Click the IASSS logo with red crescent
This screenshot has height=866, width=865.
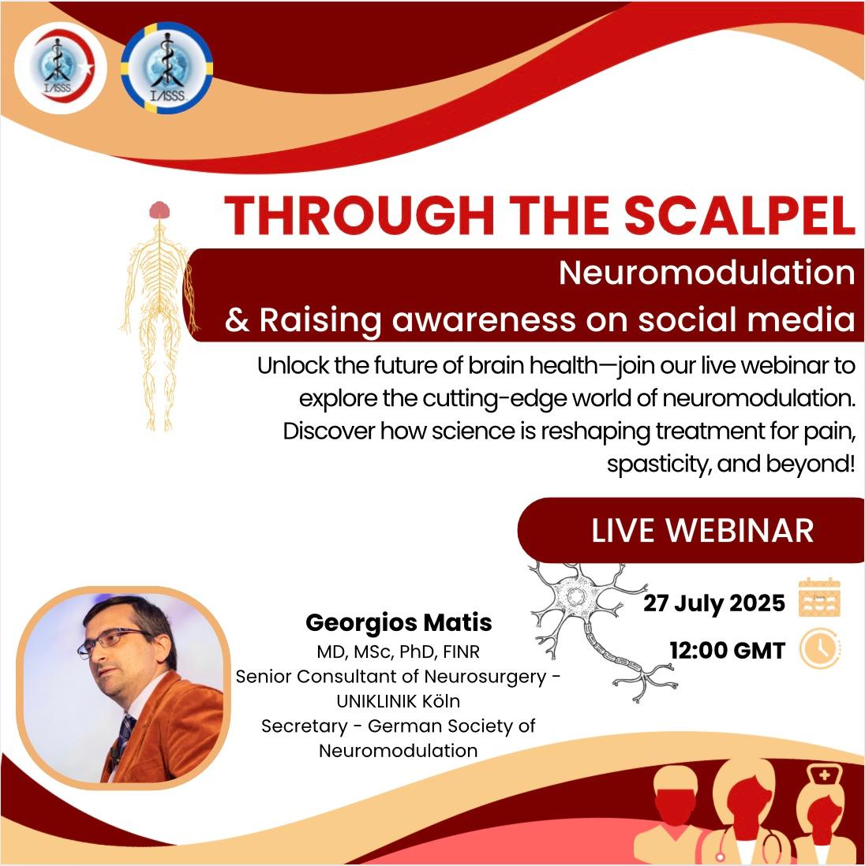click(x=60, y=69)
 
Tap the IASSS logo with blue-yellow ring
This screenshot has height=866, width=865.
click(x=167, y=69)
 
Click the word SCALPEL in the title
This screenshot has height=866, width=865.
click(x=740, y=215)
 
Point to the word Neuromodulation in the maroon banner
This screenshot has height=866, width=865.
click(x=707, y=273)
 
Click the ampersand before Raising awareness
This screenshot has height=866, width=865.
click(x=237, y=320)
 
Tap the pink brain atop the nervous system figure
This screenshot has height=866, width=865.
click(x=159, y=210)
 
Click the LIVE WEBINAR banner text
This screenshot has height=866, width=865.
click(x=702, y=531)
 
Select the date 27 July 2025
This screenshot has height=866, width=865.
click(x=714, y=603)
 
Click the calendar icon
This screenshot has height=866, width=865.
click(x=819, y=597)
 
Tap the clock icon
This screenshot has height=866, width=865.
click(x=820, y=648)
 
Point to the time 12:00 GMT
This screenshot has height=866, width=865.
click(x=727, y=650)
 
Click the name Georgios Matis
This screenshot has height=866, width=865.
click(x=399, y=622)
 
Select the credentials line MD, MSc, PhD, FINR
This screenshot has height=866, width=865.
click(x=398, y=651)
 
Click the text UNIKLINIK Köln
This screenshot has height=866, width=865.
click(x=398, y=701)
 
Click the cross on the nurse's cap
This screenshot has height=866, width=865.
click(x=824, y=775)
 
